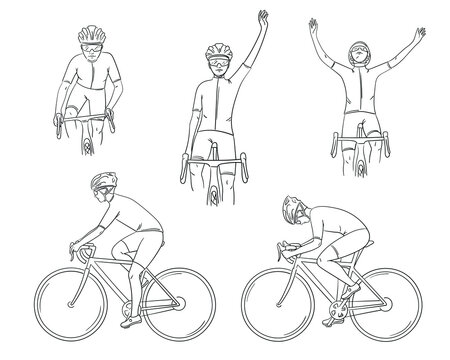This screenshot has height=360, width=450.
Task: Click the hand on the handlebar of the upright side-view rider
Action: (x=76, y=247)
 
